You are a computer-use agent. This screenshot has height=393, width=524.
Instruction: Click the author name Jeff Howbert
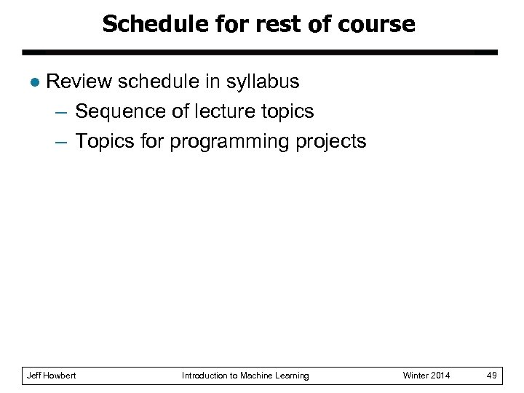tap(51, 376)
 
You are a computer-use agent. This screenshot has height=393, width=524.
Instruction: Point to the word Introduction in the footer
tap(205, 376)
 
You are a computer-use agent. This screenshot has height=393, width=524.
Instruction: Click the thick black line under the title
tap(260, 52)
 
